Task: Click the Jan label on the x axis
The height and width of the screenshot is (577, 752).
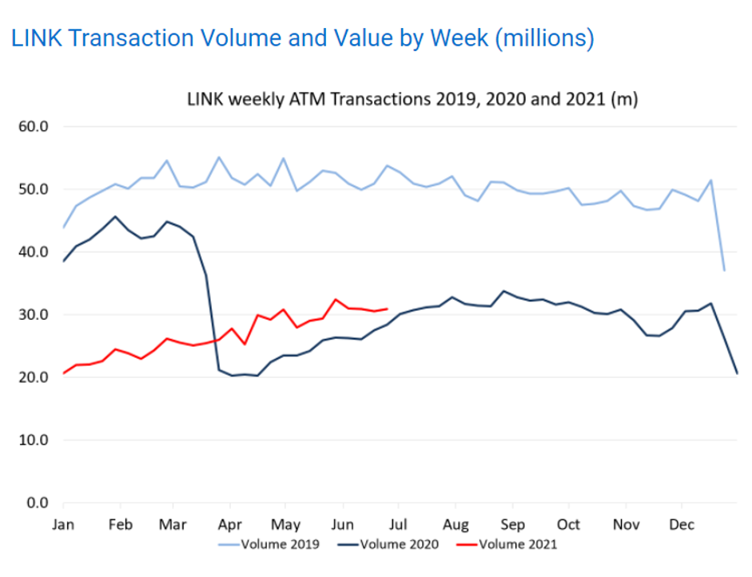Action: pyautogui.click(x=63, y=525)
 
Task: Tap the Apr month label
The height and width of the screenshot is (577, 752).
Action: pyautogui.click(x=230, y=525)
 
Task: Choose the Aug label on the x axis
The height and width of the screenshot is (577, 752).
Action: pyautogui.click(x=456, y=525)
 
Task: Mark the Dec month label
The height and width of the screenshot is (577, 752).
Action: pyautogui.click(x=682, y=525)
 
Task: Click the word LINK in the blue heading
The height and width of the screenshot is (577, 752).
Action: pyautogui.click(x=37, y=38)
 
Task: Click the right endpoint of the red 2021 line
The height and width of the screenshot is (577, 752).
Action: pyautogui.click(x=388, y=308)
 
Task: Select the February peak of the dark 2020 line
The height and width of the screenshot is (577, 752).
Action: pyautogui.click(x=116, y=217)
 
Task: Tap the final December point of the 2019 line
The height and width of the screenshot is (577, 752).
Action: pyautogui.click(x=724, y=270)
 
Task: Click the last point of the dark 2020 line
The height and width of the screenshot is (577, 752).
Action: pyautogui.click(x=737, y=373)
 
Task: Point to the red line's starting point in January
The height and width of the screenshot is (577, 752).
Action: pyautogui.click(x=64, y=373)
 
